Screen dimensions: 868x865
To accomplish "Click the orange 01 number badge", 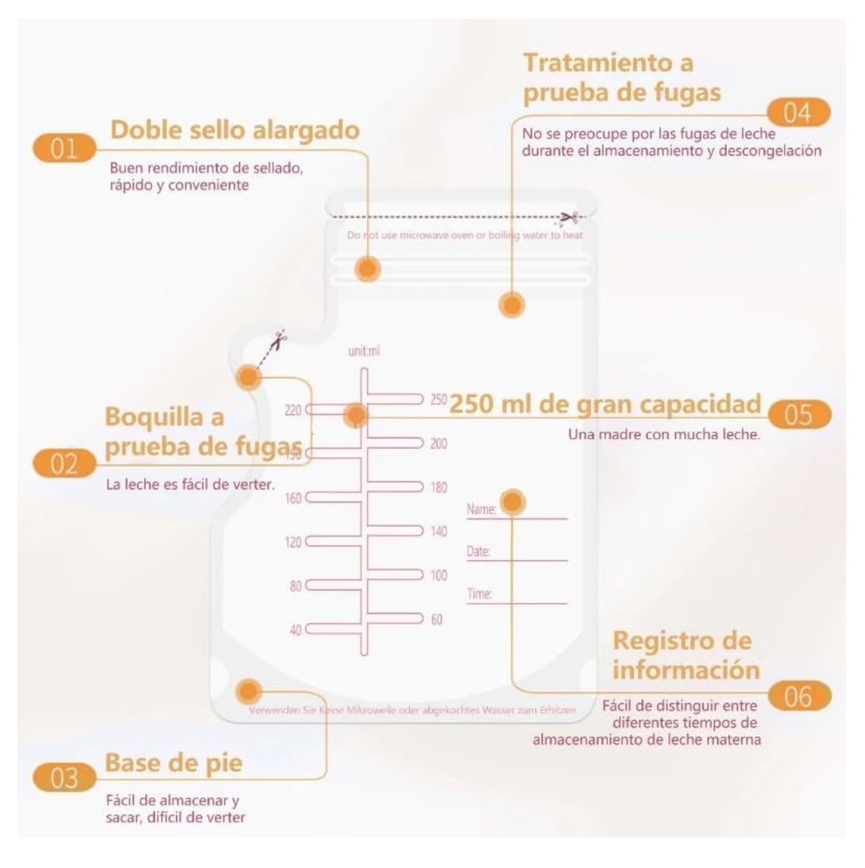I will pyautogui.click(x=64, y=149).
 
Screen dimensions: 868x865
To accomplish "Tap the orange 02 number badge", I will pyautogui.click(x=64, y=464).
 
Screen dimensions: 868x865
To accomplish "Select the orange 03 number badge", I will pyautogui.click(x=64, y=778).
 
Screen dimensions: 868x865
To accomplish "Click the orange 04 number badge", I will pyautogui.click(x=798, y=113).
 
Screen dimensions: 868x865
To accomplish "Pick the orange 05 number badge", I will pyautogui.click(x=798, y=416).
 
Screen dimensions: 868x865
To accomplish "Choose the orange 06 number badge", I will pyautogui.click(x=798, y=697).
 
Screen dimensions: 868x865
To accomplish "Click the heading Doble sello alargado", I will pyautogui.click(x=234, y=130).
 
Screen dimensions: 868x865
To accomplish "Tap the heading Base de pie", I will pyautogui.click(x=173, y=762).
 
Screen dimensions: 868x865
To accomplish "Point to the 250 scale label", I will pyautogui.click(x=439, y=399).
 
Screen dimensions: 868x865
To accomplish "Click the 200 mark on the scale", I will pyautogui.click(x=439, y=444).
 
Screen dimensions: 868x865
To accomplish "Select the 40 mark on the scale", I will pyautogui.click(x=296, y=630).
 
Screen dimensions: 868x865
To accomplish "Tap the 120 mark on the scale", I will pyautogui.click(x=293, y=542).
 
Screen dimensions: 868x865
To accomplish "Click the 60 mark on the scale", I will pyautogui.click(x=436, y=619).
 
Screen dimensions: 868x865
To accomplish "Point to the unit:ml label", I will pyautogui.click(x=363, y=351).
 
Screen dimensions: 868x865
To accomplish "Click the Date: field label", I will pyautogui.click(x=478, y=551).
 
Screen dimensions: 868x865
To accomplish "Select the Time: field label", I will pyautogui.click(x=479, y=594).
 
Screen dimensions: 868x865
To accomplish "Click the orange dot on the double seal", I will pyautogui.click(x=368, y=270).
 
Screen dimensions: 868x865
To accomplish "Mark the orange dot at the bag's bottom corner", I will pyautogui.click(x=249, y=691).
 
